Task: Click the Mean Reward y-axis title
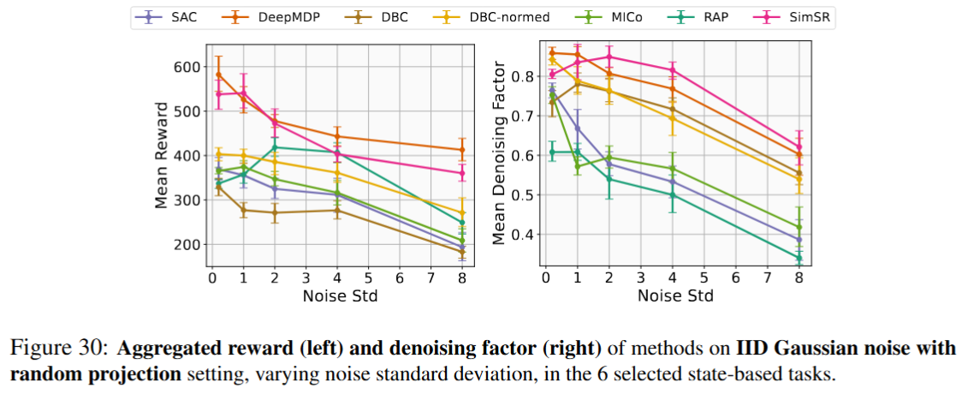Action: [x=162, y=156]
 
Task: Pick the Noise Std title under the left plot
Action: [x=337, y=295]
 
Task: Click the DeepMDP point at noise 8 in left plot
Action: [x=462, y=150]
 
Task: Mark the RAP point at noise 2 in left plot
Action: [x=275, y=147]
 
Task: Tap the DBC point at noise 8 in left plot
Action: [x=462, y=252]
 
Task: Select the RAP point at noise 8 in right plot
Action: [x=799, y=257]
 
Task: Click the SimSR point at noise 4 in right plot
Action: [x=673, y=70]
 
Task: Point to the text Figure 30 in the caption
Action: [x=55, y=349]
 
